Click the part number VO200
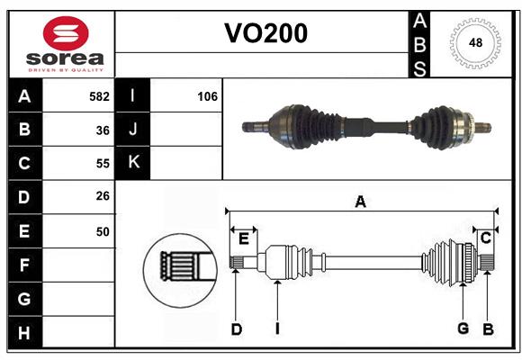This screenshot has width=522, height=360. point(265,33)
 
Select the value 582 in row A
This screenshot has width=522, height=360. point(99,96)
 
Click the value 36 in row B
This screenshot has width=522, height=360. point(103,130)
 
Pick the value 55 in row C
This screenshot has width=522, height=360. point(103,164)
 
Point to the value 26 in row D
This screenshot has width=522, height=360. point(103,197)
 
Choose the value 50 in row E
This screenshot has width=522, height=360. point(103,231)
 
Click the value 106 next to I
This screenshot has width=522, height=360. point(207,96)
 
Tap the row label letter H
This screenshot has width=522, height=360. point(24,333)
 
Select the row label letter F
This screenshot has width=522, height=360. point(24,265)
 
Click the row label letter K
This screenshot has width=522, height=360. point(133,163)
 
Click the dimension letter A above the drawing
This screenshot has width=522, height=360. point(360,202)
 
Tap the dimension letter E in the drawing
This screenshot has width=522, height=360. point(243,238)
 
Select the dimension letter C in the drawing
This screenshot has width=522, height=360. point(485,238)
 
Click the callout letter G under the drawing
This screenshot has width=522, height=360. point(463,329)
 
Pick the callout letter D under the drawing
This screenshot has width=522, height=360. point(236,329)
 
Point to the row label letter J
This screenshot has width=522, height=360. point(133,130)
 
